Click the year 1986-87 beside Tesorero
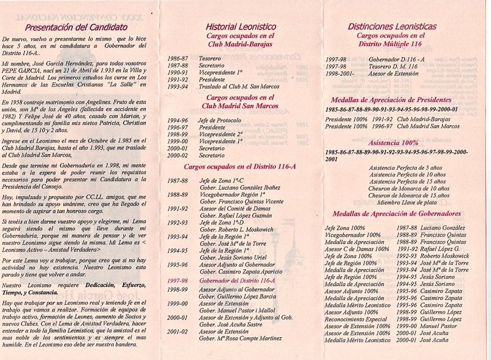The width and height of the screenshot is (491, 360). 178,58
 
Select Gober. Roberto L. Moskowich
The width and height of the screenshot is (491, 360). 237,229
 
